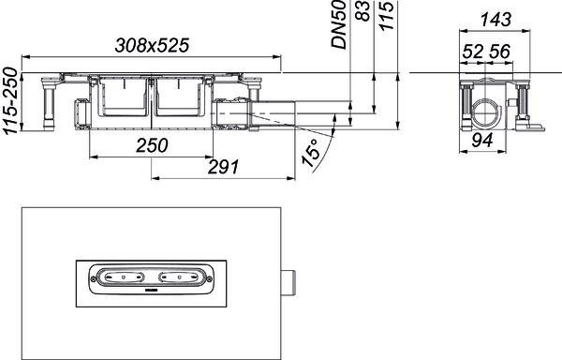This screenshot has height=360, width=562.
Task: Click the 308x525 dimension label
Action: (152, 46)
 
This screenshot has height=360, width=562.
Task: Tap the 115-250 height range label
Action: (10, 100)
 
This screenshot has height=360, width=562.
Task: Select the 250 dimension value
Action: (152, 145)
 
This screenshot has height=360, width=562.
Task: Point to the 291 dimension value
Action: (223, 167)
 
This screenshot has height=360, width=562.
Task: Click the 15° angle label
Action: (310, 153)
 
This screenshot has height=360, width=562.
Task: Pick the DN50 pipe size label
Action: (339, 24)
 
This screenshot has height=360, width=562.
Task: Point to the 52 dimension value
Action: (473, 52)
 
